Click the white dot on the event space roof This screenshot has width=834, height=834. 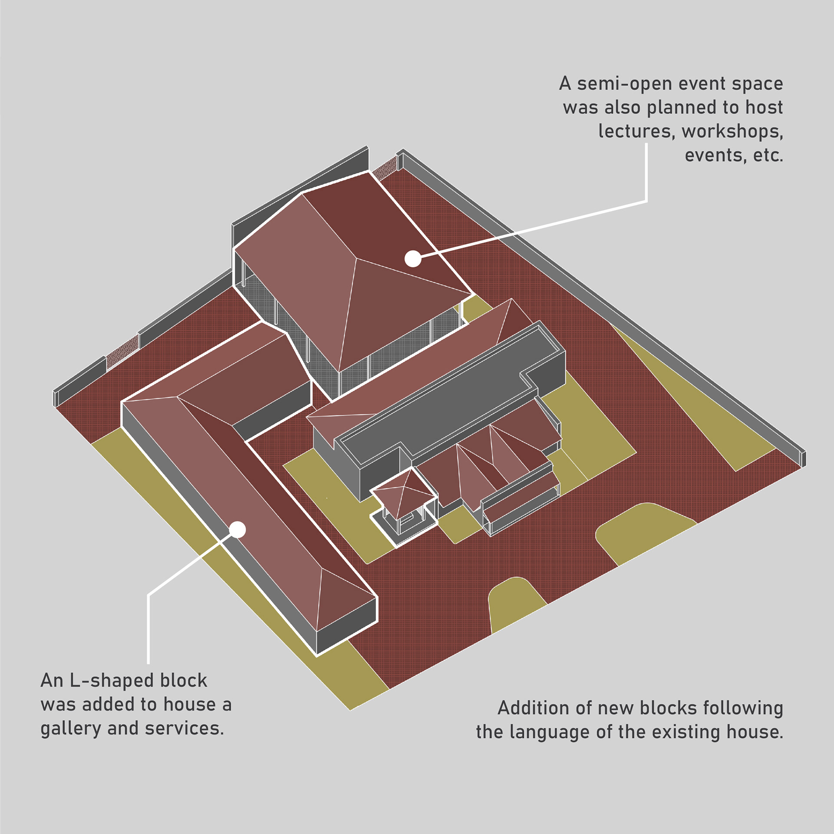tap(413, 259)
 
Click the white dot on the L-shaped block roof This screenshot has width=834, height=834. tap(238, 530)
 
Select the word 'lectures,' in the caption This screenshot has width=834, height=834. tap(635, 131)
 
